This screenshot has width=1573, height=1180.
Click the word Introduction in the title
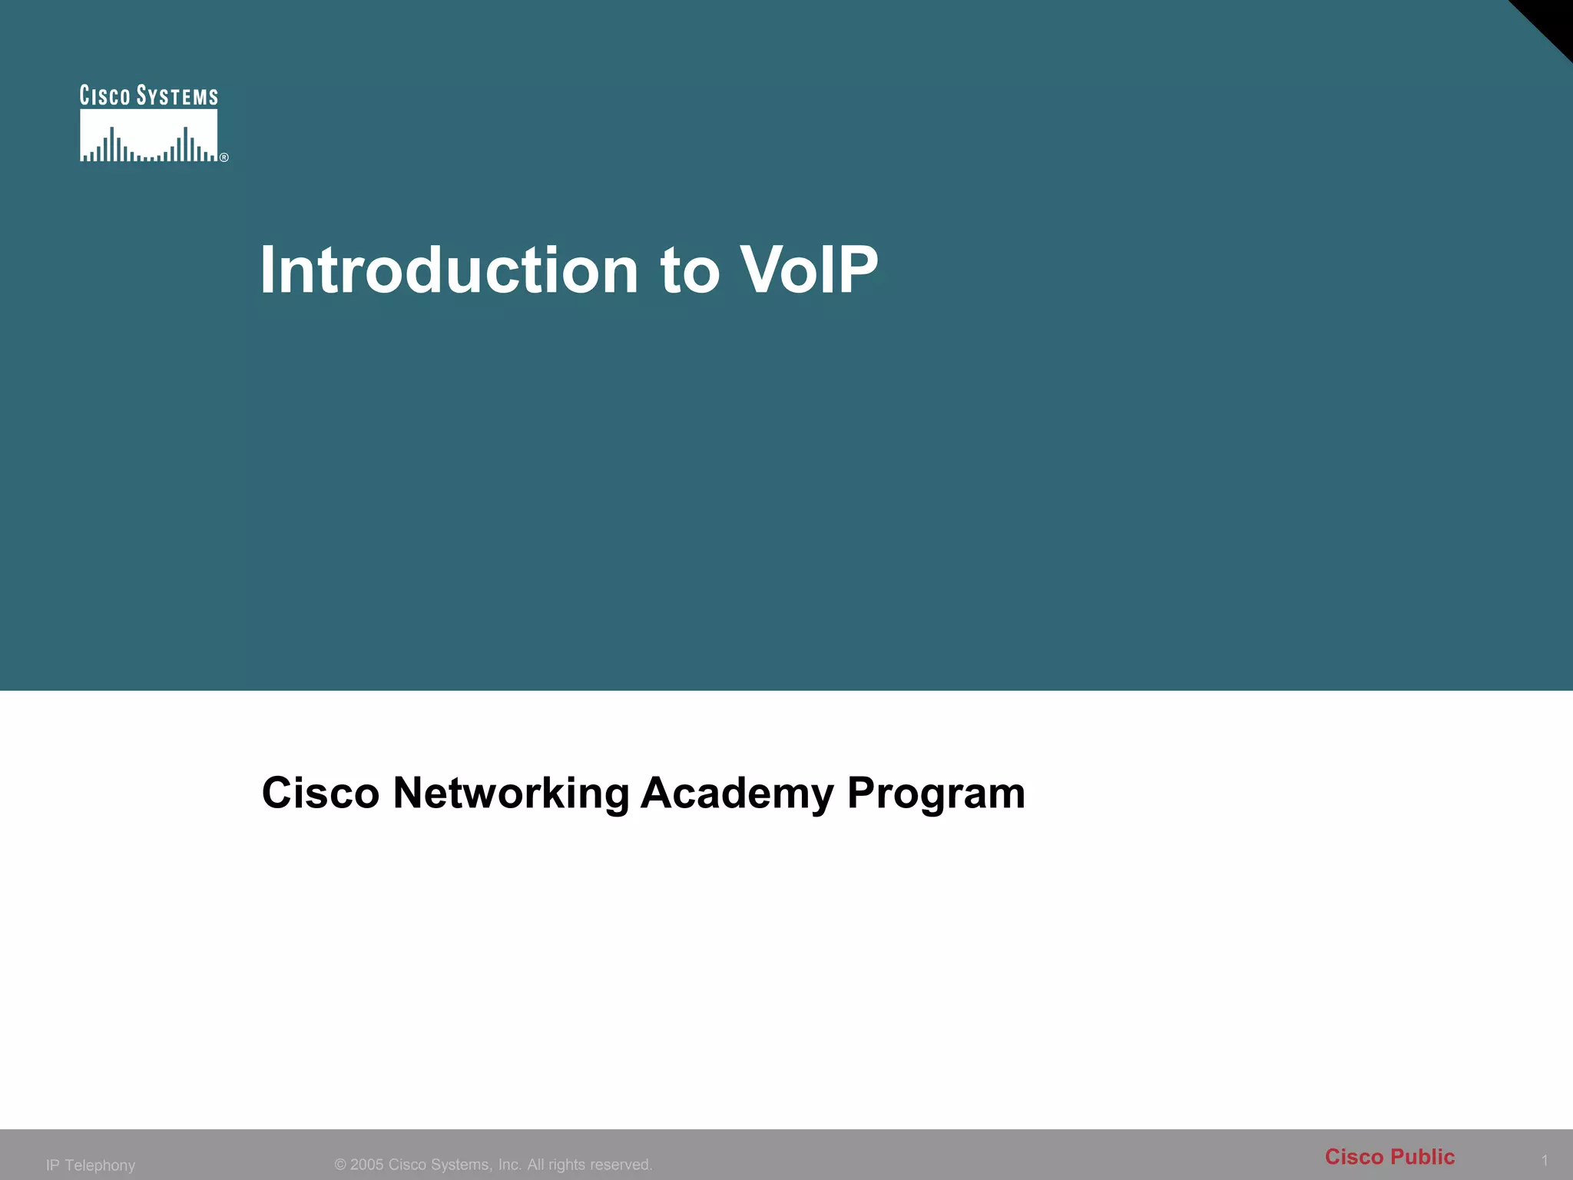point(449,270)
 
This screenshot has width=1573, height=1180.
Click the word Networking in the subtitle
point(511,793)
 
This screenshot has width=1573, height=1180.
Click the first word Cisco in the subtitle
point(320,793)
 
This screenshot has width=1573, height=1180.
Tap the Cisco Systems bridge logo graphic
point(149,136)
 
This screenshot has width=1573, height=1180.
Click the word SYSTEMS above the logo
point(177,96)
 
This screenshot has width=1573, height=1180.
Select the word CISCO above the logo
point(105,96)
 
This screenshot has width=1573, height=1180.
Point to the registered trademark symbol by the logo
point(224,157)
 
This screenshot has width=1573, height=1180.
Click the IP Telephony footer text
point(91,1165)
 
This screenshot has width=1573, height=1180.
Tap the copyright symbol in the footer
point(340,1165)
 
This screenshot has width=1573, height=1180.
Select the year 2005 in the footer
point(367,1165)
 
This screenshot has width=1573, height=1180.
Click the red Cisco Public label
point(1389,1157)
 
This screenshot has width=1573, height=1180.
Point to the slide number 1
point(1545,1160)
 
